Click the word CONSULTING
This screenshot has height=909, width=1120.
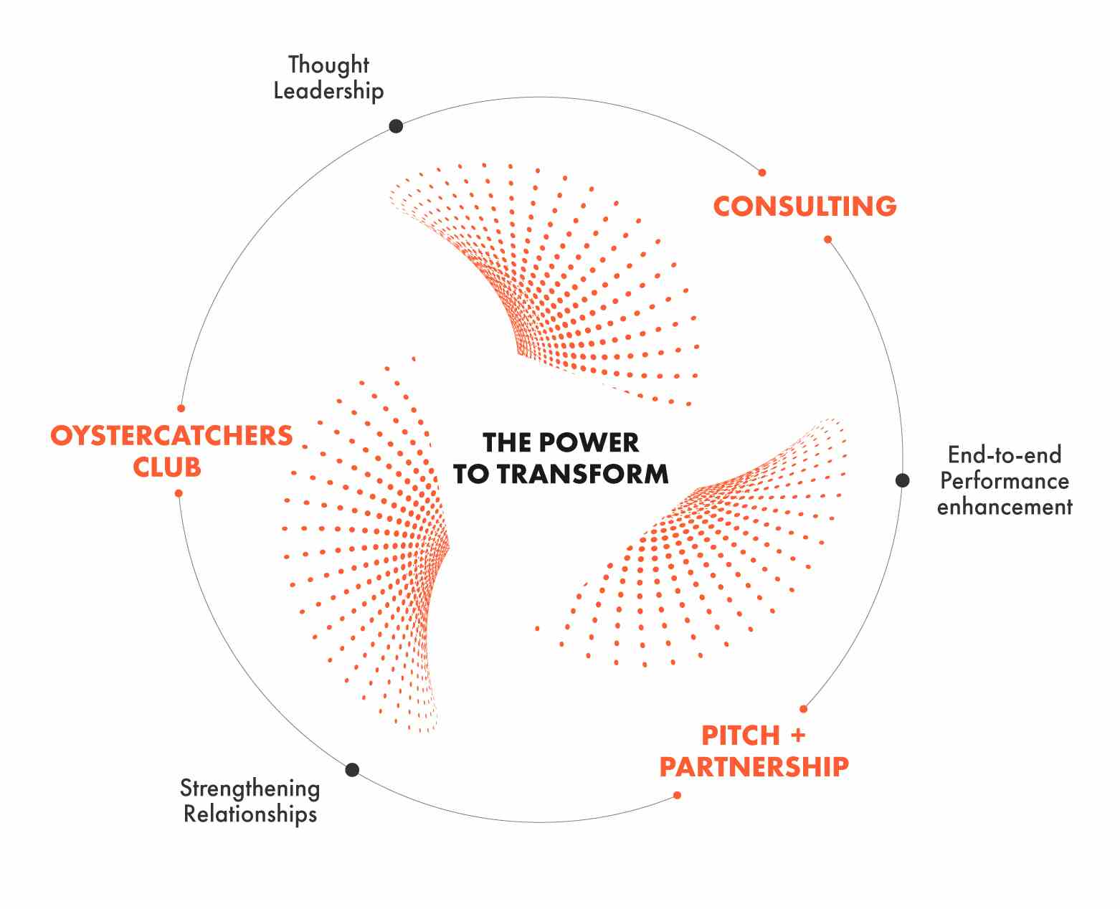(x=805, y=206)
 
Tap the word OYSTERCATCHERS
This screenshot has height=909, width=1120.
(x=171, y=435)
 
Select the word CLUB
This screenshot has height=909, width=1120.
(x=167, y=467)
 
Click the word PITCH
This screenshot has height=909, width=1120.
(x=741, y=735)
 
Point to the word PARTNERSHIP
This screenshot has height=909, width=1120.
(x=754, y=766)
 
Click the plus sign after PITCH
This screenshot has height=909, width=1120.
(x=797, y=735)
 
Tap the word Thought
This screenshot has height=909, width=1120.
(x=328, y=65)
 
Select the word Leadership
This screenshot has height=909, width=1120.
(x=328, y=91)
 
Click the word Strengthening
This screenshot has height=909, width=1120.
(x=250, y=788)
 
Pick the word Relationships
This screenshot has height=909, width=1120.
(x=250, y=814)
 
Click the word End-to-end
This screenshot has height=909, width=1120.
(x=1005, y=454)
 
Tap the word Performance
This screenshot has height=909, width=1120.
(x=1005, y=480)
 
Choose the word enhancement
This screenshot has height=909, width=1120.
(x=1005, y=507)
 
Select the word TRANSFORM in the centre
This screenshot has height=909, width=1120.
(x=583, y=474)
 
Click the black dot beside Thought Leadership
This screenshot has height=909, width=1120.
(x=396, y=126)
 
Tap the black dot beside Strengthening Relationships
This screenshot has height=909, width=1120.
(x=352, y=770)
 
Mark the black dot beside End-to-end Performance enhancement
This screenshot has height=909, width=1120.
(x=902, y=480)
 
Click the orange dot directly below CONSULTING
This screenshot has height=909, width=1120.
(x=827, y=239)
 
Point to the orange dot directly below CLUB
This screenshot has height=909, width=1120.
(x=179, y=493)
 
